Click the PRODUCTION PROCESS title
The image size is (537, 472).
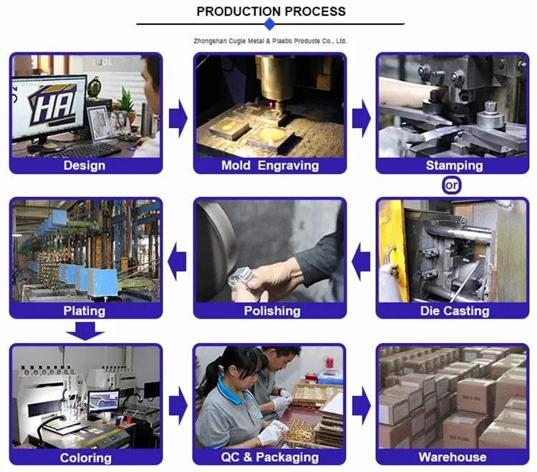pos(271,11)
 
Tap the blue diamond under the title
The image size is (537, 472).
pos(270,24)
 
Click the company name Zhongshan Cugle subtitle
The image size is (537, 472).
pos(270,41)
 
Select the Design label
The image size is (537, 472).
pos(84,165)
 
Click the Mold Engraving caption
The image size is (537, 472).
pos(270,165)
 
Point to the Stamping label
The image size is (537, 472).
pos(455,165)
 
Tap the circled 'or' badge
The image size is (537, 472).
pos(451,186)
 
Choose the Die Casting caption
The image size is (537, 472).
pos(455,311)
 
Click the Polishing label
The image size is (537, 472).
pos(272,311)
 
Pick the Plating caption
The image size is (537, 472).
pos(84,311)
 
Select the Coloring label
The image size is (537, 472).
pos(86,458)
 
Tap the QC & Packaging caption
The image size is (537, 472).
pos(270,457)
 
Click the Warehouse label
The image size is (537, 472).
pos(453,457)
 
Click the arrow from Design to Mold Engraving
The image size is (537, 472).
pos(178,118)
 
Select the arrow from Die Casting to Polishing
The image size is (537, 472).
pos(361,261)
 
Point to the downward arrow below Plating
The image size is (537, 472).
pos(85,332)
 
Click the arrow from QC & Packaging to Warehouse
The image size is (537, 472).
pos(362,406)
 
